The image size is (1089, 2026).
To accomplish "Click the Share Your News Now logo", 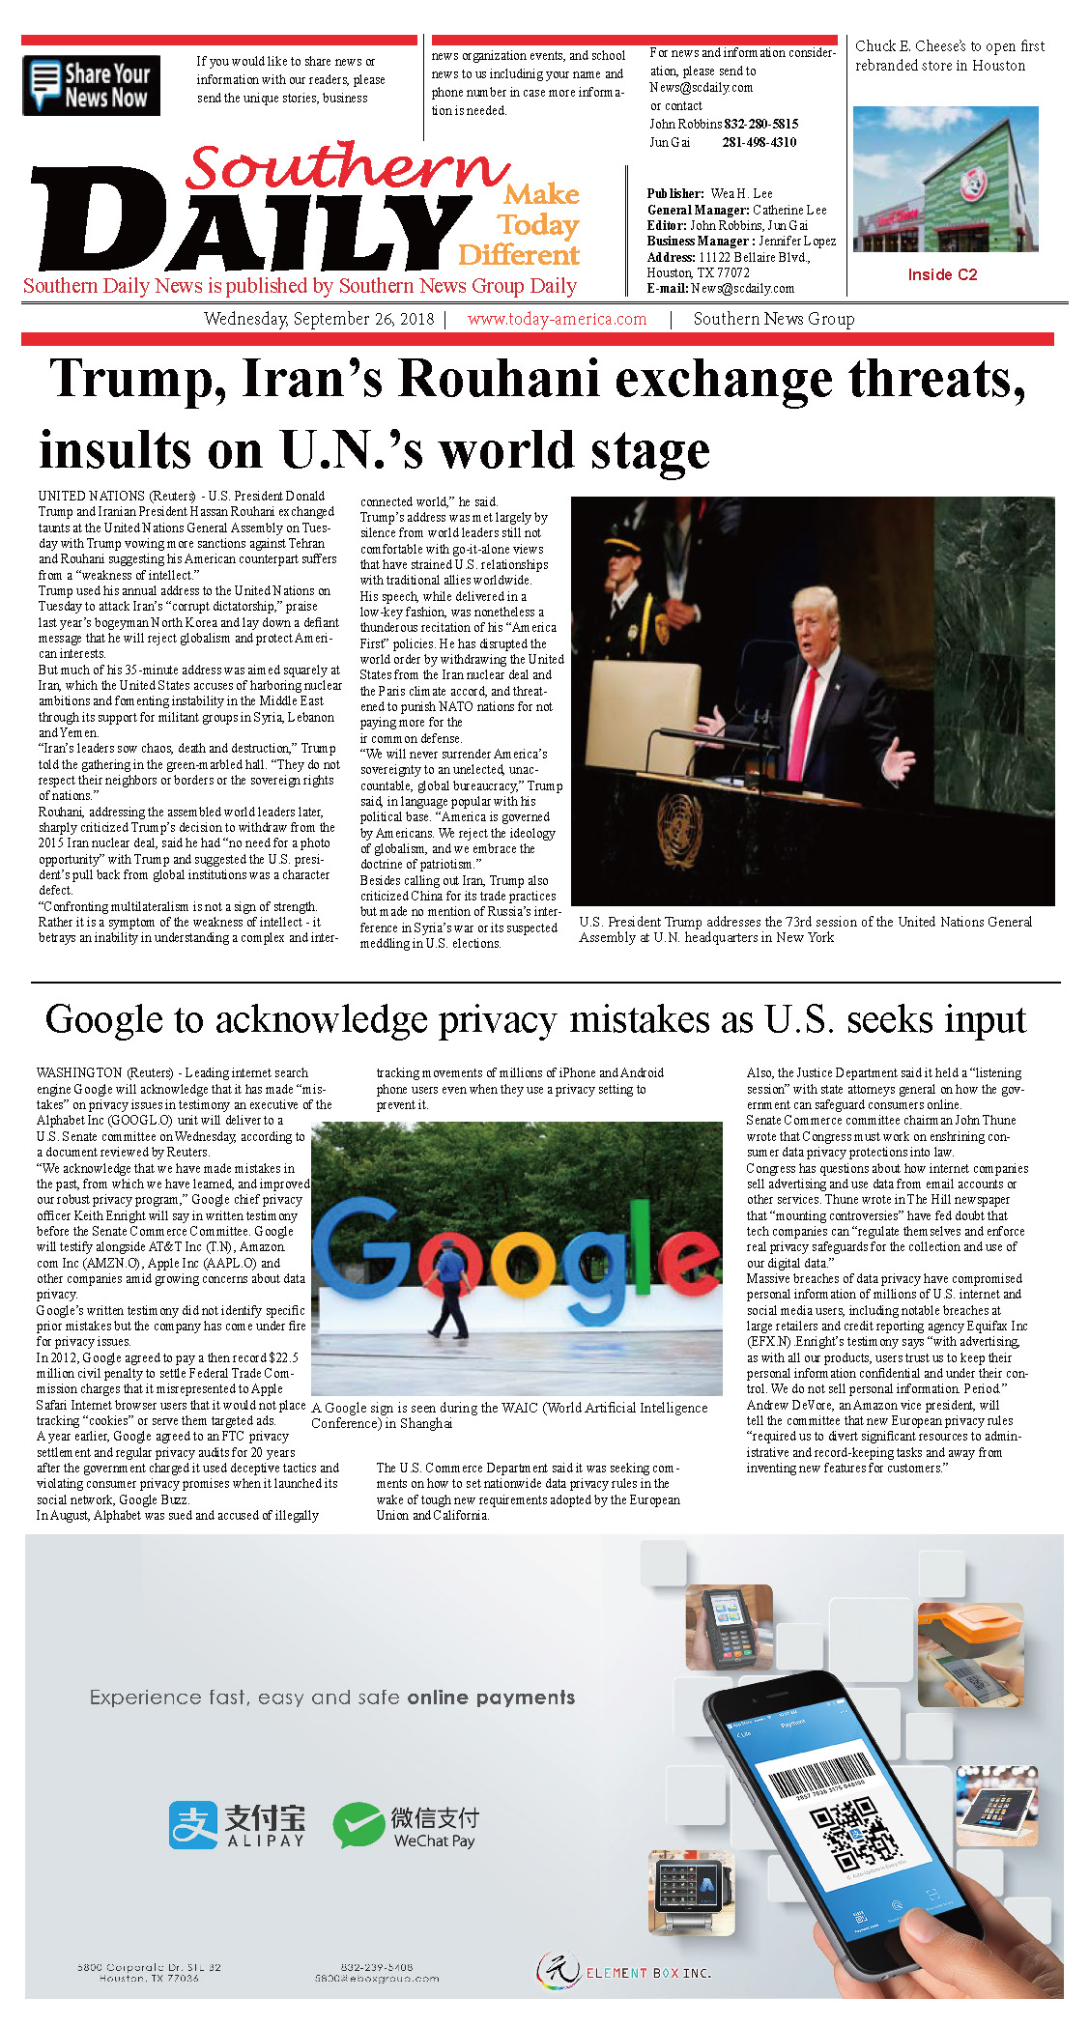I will [x=91, y=86].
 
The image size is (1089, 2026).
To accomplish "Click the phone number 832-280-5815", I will [x=761, y=125].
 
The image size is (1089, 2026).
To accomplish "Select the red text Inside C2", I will [x=942, y=275].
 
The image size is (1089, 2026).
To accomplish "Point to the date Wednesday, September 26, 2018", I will [x=319, y=319].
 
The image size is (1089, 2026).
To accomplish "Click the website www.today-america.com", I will [x=557, y=319].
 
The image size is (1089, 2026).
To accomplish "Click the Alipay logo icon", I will [x=193, y=1825].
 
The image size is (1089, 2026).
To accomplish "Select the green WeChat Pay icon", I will [x=358, y=1825].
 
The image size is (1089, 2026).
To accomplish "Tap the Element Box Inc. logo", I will [x=624, y=1972].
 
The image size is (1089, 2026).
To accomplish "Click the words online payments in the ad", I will [x=491, y=1698].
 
